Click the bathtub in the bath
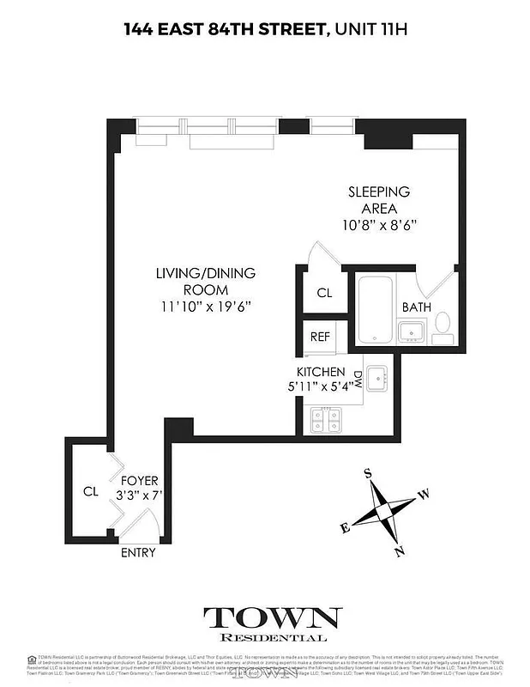[375, 309]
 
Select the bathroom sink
[411, 331]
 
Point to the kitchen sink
[378, 376]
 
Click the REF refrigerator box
[320, 337]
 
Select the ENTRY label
[138, 552]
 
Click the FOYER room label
[139, 481]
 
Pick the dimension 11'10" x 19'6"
[205, 305]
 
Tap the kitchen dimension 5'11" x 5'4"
[321, 386]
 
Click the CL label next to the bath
[324, 293]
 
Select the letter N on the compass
[399, 551]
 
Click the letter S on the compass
[368, 473]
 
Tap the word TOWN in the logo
[272, 617]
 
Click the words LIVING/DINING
[205, 273]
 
